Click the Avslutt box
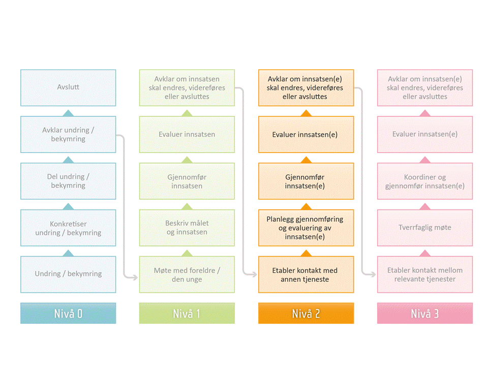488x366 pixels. pos(68,88)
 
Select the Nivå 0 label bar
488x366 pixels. pos(68,313)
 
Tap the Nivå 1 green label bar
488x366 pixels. pos(187,313)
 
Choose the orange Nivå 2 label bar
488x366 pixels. pos(306,313)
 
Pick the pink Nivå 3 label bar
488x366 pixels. pos(425,313)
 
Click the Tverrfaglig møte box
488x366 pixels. pos(425,228)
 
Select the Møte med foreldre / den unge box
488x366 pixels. pos(187,274)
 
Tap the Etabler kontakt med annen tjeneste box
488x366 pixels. pos(306,274)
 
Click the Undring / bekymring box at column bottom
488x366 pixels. pos(68,274)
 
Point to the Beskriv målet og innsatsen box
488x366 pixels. pos(187,228)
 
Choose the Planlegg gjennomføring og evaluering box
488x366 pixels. pos(306,228)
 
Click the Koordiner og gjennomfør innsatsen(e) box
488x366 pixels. pos(425,181)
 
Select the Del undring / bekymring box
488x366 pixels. pos(68,181)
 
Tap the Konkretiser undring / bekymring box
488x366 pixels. pos(68,228)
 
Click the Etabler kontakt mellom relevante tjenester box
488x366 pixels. pos(425,274)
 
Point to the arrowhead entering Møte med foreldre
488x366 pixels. pos(135,277)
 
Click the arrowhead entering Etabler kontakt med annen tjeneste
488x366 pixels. pos(254,274)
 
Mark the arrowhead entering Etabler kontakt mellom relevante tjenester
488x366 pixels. pos(373,274)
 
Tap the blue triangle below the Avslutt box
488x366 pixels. pos(68,113)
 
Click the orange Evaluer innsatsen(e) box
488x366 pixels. pos(306,134)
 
